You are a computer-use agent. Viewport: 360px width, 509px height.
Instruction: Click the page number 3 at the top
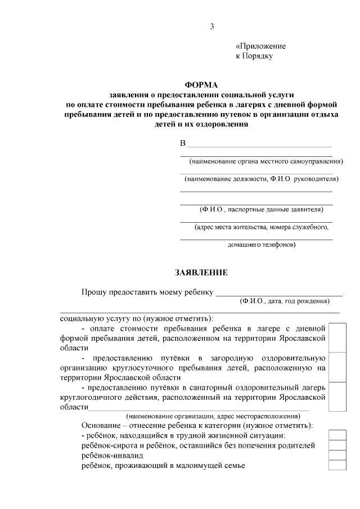pos(212,26)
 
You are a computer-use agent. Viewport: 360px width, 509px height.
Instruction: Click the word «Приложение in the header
pos(260,46)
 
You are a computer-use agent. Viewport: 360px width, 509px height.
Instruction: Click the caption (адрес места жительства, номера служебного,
pos(261,228)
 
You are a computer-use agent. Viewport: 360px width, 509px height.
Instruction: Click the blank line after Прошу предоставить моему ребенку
pos(279,292)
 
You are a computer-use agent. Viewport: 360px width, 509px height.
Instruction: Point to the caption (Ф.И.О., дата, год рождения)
pos(284,301)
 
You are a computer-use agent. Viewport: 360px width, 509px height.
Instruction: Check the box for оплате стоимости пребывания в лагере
pos(337,337)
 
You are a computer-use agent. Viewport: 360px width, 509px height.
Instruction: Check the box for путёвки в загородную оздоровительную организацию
pos(337,367)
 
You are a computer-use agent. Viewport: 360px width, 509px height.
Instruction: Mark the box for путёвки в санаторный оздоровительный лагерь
pos(337,397)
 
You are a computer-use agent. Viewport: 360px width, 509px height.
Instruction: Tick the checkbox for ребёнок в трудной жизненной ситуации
pos(337,435)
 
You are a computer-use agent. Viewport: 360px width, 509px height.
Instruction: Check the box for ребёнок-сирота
pos(337,445)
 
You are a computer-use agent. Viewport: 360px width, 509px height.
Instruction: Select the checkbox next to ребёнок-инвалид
pos(337,455)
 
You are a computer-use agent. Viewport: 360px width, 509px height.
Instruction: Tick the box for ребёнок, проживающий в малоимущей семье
pos(337,465)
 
